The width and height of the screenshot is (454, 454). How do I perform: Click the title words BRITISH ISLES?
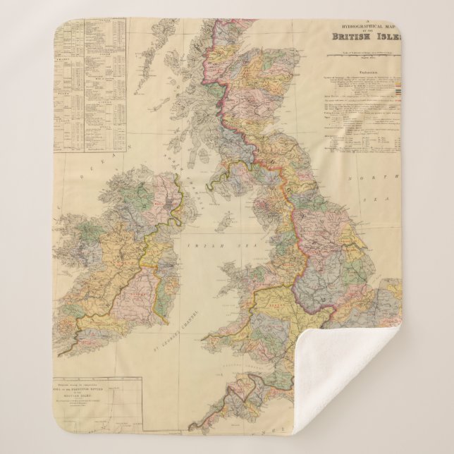[x=362, y=37]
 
